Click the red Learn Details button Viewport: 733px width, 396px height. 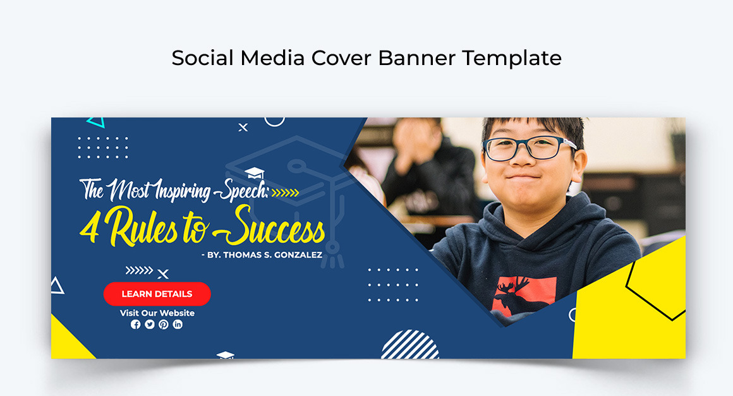coord(157,294)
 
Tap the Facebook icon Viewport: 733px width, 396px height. coord(136,324)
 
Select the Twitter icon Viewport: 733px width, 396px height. coord(150,324)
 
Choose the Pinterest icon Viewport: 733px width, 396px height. coord(164,324)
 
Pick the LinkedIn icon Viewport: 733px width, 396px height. coord(178,324)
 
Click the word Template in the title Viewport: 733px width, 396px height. coord(512,58)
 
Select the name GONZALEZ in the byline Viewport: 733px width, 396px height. coord(298,255)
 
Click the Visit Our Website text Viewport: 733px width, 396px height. coord(157,313)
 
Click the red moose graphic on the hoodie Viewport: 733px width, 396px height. coord(524,294)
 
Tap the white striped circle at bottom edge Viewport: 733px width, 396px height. coord(410,345)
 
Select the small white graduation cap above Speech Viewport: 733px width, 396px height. coord(254,173)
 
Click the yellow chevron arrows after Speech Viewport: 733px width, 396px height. coord(285,193)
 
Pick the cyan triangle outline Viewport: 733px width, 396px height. coord(96,123)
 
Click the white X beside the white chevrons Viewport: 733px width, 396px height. coord(162,274)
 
